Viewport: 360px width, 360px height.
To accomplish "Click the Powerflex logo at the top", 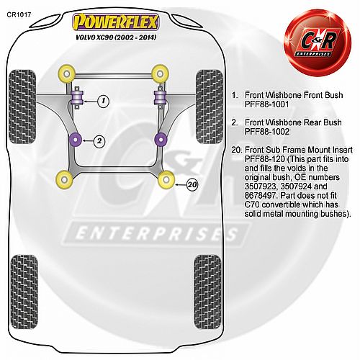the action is pos(116,22).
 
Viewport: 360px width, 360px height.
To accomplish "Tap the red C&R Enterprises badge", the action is pos(318,43).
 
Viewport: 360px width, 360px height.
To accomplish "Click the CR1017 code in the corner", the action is pos(19,14).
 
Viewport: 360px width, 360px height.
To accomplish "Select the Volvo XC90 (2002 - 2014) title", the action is pos(116,37).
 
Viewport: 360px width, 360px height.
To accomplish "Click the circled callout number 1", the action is pos(104,101).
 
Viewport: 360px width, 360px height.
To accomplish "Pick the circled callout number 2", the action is pos(99,141).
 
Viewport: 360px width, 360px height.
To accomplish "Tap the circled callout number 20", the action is pos(192,185).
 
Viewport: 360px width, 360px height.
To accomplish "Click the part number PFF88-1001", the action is pos(266,104).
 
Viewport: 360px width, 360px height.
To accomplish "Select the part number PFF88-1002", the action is pos(267,132).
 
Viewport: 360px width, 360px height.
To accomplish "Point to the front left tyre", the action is pos(22,107).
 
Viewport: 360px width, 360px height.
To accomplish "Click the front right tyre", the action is pos(210,107).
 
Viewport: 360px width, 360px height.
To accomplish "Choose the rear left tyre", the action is pos(24,292).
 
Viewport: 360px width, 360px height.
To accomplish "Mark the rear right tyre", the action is pos(207,292).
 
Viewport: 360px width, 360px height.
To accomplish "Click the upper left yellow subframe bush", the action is pos(66,73).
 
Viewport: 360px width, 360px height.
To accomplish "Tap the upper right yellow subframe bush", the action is pos(160,73).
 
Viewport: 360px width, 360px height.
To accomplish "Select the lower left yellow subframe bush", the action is pos(64,179).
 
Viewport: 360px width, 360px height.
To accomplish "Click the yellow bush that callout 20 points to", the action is pos(166,179).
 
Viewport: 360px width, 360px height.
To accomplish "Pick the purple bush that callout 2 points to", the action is pos(76,140).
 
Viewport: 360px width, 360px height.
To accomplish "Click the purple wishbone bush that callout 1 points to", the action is pos(77,98).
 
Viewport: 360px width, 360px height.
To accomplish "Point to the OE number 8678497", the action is pos(260,196).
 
